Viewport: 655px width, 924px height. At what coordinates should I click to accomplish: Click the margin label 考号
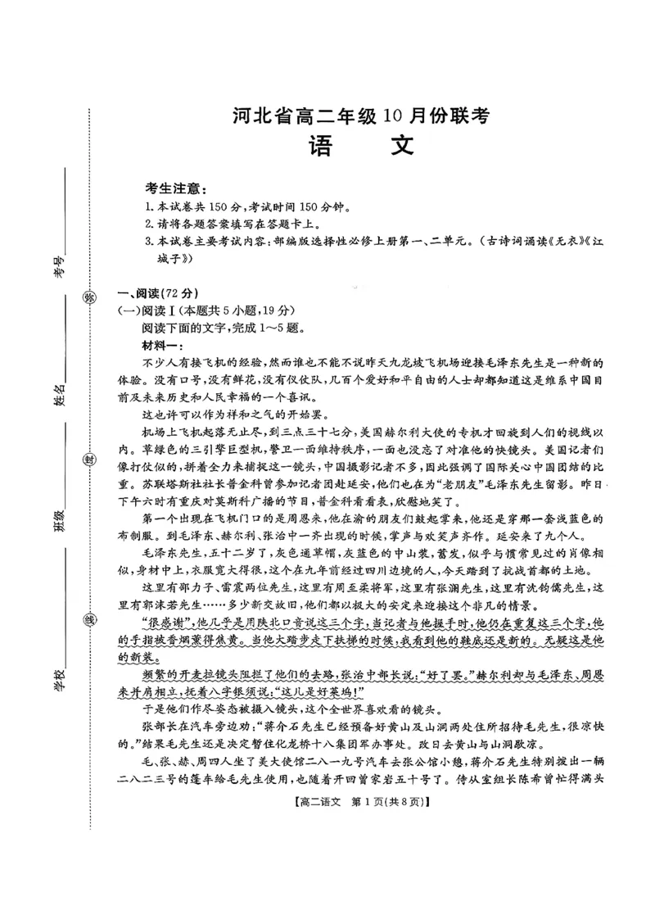click(59, 265)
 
